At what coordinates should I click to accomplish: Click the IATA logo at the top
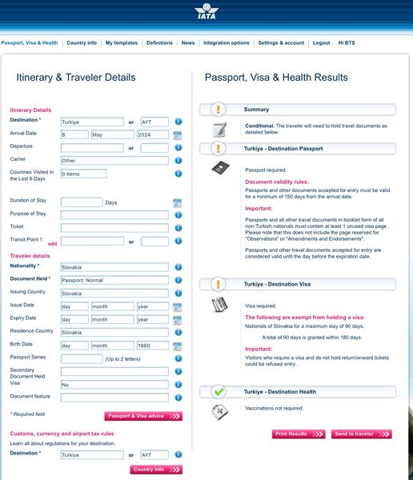(206, 11)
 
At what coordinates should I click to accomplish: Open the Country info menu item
(82, 43)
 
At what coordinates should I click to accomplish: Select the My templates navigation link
(122, 43)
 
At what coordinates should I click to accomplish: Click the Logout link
(322, 43)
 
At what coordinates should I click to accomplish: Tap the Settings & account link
(281, 43)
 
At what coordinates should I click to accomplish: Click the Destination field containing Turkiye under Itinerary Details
(92, 122)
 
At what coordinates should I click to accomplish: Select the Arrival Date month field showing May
(112, 134)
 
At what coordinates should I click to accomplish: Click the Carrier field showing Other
(114, 161)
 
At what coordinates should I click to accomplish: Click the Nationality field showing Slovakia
(114, 267)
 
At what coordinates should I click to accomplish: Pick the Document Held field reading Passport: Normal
(114, 280)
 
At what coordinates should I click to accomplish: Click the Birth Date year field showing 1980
(153, 346)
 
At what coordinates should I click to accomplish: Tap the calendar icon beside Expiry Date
(178, 320)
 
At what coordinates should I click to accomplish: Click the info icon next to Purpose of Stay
(178, 215)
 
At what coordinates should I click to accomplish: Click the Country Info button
(156, 470)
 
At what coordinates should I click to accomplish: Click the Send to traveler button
(362, 434)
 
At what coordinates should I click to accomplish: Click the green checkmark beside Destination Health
(219, 391)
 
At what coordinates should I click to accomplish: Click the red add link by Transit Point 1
(52, 244)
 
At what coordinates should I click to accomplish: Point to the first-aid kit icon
(219, 412)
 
